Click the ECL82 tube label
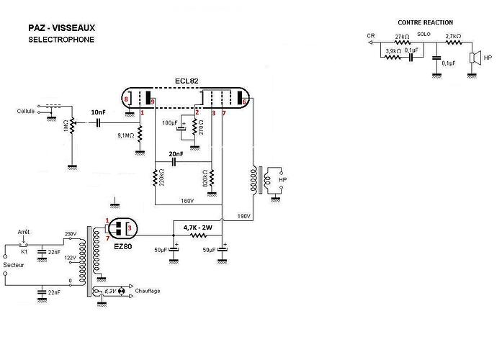[x=187, y=81]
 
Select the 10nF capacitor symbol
[x=99, y=122]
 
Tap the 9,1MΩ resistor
[x=140, y=134]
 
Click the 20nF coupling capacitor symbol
[x=174, y=162]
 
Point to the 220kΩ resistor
[x=155, y=178]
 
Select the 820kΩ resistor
[x=212, y=178]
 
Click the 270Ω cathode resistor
[x=194, y=127]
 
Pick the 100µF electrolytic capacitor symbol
[x=181, y=128]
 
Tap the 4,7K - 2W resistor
[x=198, y=236]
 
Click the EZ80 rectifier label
[x=123, y=247]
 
